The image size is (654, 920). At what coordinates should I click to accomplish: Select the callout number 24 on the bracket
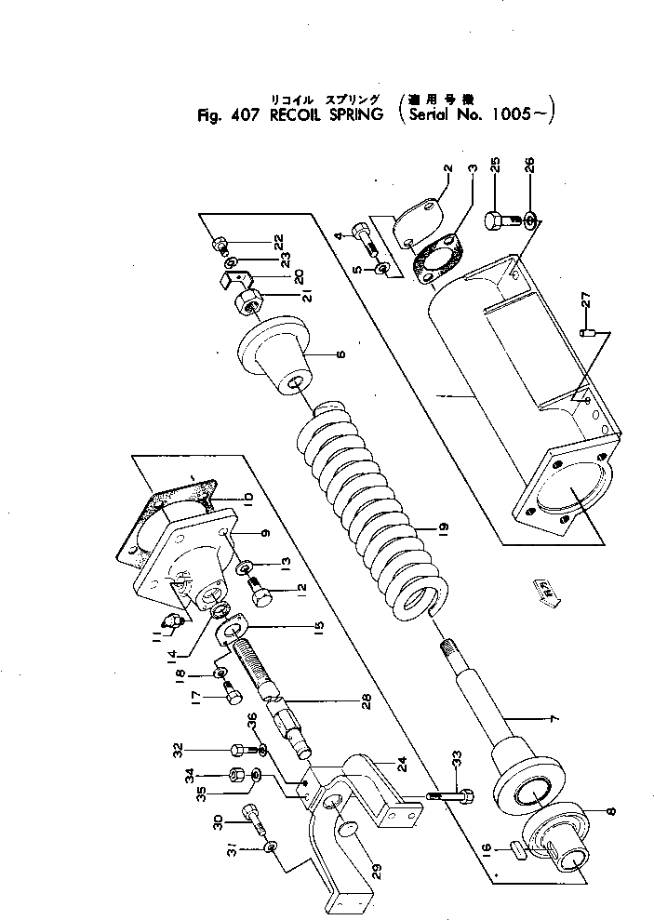pyautogui.click(x=401, y=767)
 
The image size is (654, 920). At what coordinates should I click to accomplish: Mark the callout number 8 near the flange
pyautogui.click(x=609, y=812)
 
